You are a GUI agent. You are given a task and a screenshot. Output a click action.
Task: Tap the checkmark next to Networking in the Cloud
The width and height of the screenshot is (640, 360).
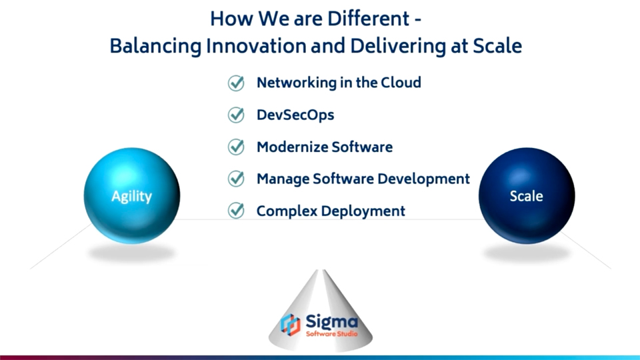click(x=236, y=83)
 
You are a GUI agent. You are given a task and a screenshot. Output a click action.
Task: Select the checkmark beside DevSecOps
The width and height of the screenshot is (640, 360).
click(x=236, y=115)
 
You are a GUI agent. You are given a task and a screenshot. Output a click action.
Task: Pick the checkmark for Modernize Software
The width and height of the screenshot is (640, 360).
click(x=236, y=147)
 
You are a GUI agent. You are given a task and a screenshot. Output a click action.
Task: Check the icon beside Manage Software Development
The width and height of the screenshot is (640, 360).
click(x=236, y=179)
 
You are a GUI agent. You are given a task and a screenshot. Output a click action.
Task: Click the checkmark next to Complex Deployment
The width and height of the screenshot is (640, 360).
click(x=236, y=211)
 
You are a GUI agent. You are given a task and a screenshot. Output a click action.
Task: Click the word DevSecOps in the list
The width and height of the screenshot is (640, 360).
click(x=295, y=115)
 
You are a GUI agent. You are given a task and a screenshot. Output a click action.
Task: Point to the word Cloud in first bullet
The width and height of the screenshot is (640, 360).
click(x=401, y=83)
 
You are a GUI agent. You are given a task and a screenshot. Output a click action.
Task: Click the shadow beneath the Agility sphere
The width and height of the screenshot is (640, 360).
click(x=131, y=253)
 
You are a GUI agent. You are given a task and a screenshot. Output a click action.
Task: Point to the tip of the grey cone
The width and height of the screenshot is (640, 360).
click(x=321, y=271)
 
